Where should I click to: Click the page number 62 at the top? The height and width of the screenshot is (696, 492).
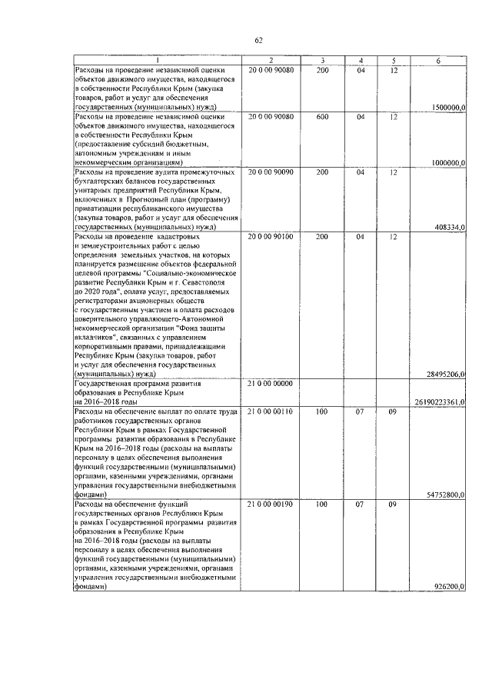coord(258,40)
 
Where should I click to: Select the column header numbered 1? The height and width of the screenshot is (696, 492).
coord(158,60)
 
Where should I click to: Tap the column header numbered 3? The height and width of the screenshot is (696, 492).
coord(323,60)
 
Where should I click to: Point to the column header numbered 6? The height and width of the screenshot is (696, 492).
coord(439,60)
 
